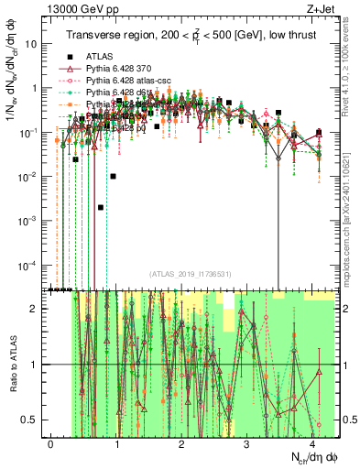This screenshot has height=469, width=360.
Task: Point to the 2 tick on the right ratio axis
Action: coord(345,309)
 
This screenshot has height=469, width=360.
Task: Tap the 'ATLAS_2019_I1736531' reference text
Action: coord(190,275)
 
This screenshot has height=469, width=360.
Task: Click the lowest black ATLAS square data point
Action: coord(101,207)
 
